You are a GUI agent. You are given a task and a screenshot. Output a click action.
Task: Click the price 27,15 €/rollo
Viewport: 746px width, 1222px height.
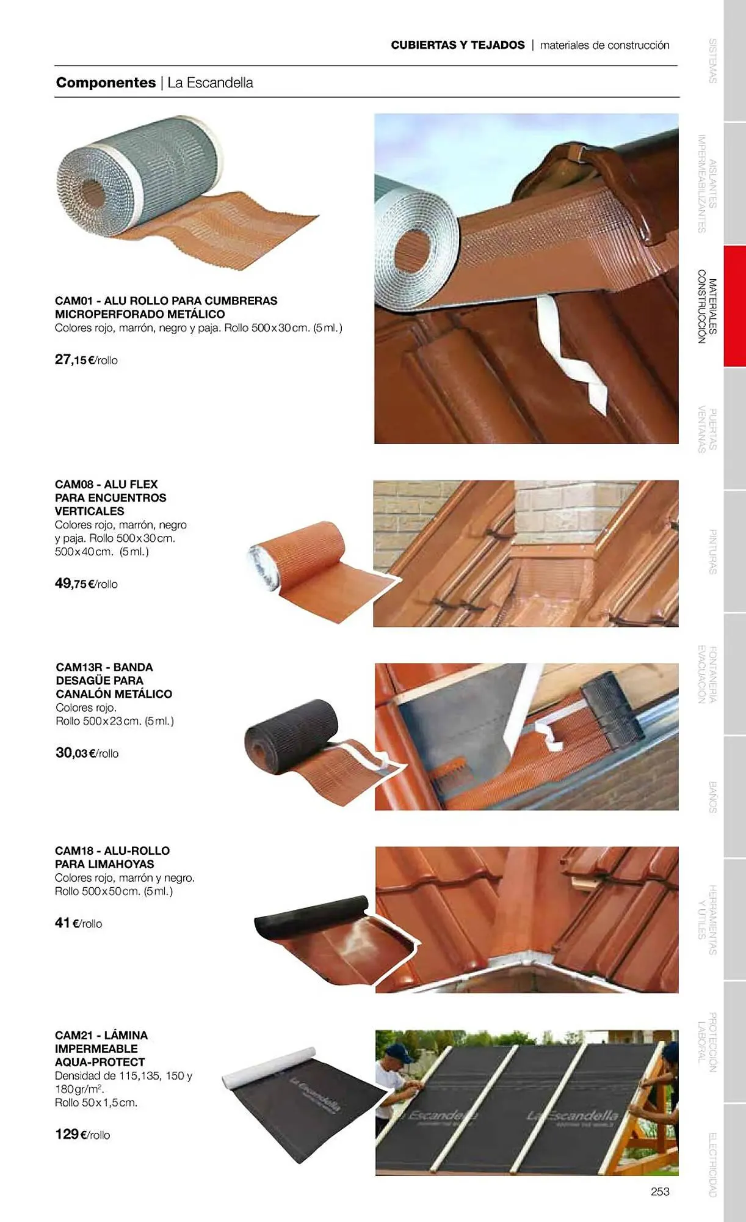(86, 360)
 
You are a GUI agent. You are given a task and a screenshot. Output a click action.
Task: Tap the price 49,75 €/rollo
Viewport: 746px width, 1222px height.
(86, 584)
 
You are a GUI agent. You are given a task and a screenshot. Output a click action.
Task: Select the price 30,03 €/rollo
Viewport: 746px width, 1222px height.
(87, 753)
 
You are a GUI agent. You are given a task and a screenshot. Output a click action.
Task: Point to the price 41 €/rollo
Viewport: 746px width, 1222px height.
(78, 923)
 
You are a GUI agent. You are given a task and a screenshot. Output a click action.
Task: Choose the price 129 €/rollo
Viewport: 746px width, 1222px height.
(82, 1134)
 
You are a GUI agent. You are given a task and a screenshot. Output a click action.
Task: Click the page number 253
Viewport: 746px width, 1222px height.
(660, 1191)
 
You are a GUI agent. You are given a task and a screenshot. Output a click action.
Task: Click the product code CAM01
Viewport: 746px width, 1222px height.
(73, 301)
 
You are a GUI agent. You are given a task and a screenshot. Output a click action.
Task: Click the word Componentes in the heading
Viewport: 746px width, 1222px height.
(106, 82)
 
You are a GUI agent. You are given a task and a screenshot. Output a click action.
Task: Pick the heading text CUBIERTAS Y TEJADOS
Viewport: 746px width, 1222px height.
(458, 45)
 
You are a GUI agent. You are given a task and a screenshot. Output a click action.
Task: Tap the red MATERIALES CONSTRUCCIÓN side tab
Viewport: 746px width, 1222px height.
(734, 305)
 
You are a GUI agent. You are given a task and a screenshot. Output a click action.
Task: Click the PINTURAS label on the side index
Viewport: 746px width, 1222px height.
(712, 552)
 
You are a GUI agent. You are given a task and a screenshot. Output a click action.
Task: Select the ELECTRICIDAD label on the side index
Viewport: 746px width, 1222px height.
(712, 1165)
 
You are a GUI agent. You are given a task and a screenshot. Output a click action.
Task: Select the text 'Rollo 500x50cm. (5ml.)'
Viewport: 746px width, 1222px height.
(114, 891)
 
